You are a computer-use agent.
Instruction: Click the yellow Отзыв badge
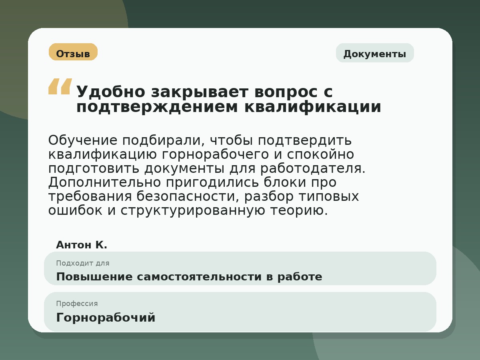coord(73,52)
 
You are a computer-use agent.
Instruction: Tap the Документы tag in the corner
coord(374,54)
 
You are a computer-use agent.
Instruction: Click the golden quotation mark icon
coord(60,86)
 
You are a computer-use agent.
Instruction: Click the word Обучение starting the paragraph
coord(83,140)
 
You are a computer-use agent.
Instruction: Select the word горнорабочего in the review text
coord(216,154)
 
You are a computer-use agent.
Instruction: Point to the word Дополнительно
coord(105,182)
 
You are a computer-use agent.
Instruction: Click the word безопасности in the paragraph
coord(188,196)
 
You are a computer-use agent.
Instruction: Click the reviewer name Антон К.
coord(82,245)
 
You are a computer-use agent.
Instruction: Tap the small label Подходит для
coord(82,263)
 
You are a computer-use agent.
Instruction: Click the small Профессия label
coord(77,304)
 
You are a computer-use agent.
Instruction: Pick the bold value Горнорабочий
coord(106,318)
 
